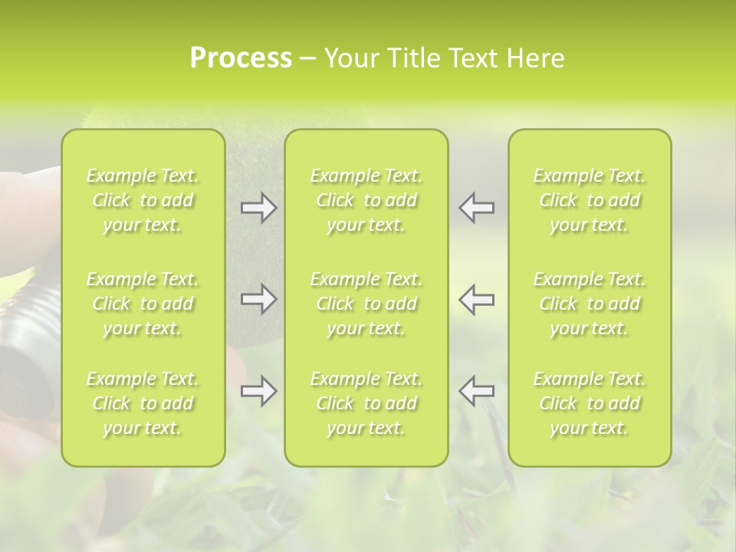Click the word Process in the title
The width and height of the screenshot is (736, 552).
click(241, 58)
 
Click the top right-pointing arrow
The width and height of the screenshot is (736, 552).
click(259, 208)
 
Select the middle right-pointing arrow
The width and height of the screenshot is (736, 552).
click(259, 299)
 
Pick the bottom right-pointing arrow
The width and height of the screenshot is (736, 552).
click(259, 391)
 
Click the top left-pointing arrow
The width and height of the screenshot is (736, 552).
click(476, 208)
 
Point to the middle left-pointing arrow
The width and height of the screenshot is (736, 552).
click(476, 299)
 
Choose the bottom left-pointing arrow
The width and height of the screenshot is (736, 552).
click(476, 391)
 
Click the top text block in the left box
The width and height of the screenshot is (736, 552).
click(143, 200)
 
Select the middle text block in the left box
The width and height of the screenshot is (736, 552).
click(143, 304)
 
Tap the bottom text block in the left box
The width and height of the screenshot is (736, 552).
click(143, 403)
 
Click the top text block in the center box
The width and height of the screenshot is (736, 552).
click(366, 200)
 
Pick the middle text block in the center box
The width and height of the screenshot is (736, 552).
click(366, 304)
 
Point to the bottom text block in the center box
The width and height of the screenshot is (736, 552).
click(366, 403)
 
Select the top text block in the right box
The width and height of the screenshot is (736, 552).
click(590, 200)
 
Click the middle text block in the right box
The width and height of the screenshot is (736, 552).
click(590, 304)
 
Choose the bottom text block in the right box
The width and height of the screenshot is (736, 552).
click(590, 403)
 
